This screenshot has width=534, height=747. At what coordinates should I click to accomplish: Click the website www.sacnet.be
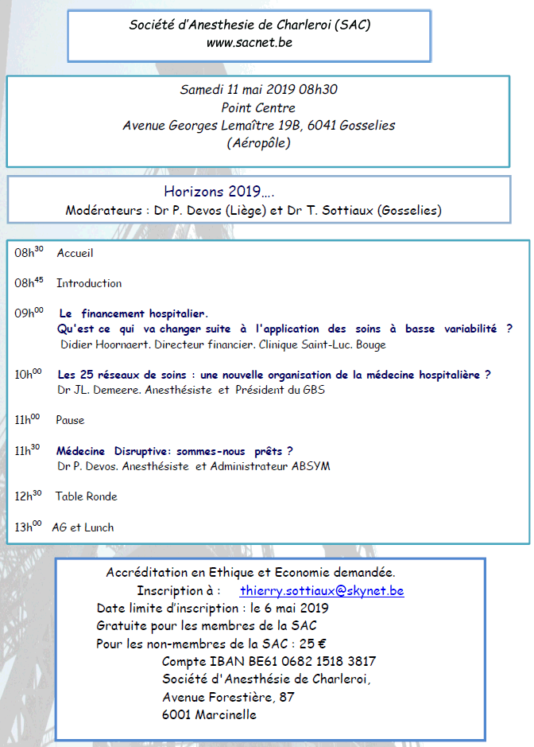pyautogui.click(x=249, y=42)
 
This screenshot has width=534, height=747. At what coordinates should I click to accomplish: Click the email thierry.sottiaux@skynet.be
pyautogui.click(x=322, y=591)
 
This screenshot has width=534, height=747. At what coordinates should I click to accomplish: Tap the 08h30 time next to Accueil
pyautogui.click(x=29, y=253)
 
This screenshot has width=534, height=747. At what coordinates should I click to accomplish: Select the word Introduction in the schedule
pyautogui.click(x=89, y=283)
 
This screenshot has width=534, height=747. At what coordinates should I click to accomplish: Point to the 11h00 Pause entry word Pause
pyautogui.click(x=70, y=420)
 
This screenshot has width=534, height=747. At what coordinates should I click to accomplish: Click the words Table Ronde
pyautogui.click(x=86, y=496)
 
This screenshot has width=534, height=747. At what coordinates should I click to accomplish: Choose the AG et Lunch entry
pyautogui.click(x=83, y=527)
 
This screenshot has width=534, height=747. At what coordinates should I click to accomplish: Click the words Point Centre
pyautogui.click(x=258, y=107)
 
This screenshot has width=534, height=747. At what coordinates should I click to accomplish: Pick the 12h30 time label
pyautogui.click(x=28, y=496)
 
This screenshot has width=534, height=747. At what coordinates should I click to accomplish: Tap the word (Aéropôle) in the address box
pyautogui.click(x=258, y=144)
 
